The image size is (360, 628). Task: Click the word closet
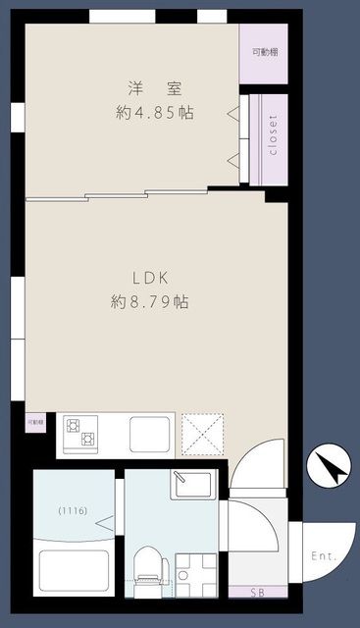(x=272, y=137)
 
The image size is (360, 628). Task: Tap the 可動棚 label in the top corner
(x=263, y=52)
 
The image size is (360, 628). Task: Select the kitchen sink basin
(x=150, y=432)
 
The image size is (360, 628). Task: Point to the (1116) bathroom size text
(x=73, y=510)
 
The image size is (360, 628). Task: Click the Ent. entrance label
(x=324, y=556)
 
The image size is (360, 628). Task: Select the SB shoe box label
(x=257, y=593)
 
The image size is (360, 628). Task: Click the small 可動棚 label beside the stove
(x=34, y=421)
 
